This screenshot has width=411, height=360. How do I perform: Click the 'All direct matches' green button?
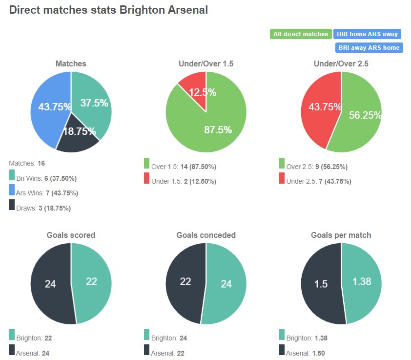point(301,34)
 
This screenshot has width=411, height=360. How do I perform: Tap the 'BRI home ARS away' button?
point(367,34)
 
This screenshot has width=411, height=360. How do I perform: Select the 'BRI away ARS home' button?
point(369,47)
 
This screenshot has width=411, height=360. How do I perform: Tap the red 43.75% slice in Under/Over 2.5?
point(320,110)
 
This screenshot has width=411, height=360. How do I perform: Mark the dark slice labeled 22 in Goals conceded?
point(185,282)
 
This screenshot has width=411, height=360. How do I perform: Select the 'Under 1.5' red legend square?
point(147,179)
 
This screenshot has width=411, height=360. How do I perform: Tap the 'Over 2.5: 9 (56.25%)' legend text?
point(316,167)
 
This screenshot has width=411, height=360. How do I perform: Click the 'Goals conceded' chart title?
point(206,235)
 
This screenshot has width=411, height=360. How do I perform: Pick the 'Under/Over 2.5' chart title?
point(341,64)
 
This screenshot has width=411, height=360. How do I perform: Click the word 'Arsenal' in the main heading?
point(188,10)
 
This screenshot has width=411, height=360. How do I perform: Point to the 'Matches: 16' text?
point(27,163)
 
